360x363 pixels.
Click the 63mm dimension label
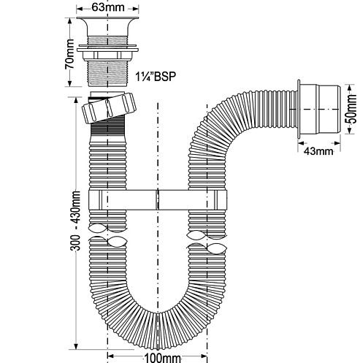pyautogui.click(x=108, y=7)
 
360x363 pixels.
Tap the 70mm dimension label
pyautogui.click(x=69, y=54)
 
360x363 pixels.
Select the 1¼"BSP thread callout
pyautogui.click(x=156, y=77)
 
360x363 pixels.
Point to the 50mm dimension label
pyautogui.click(x=351, y=109)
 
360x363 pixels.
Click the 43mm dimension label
pyautogui.click(x=318, y=151)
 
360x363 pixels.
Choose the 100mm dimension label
pyautogui.click(x=163, y=358)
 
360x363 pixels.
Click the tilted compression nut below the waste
pyautogui.click(x=109, y=107)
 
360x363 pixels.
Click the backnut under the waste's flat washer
pyautogui.click(x=107, y=56)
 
